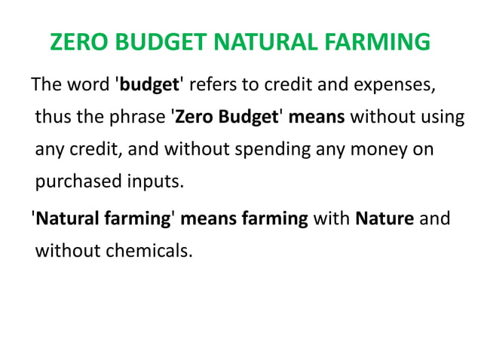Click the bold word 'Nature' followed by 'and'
coord(384,219)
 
